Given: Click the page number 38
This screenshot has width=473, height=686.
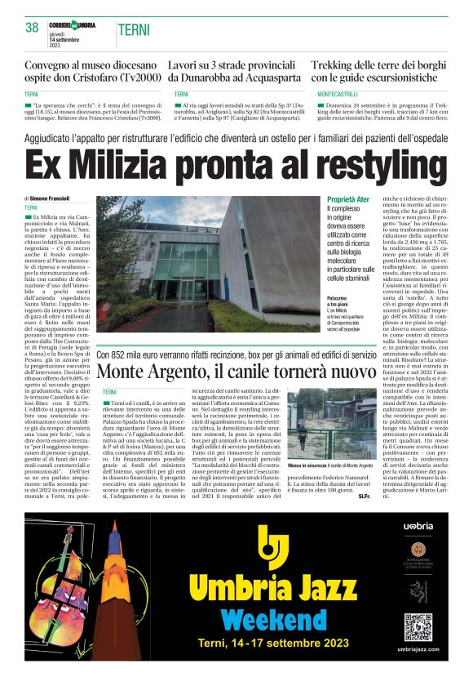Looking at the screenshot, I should [33, 28].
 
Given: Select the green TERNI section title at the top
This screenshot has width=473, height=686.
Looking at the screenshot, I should [133, 30].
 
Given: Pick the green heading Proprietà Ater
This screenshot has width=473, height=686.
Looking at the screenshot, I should [347, 199].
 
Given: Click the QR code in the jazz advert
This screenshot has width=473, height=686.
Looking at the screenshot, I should [418, 626].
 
